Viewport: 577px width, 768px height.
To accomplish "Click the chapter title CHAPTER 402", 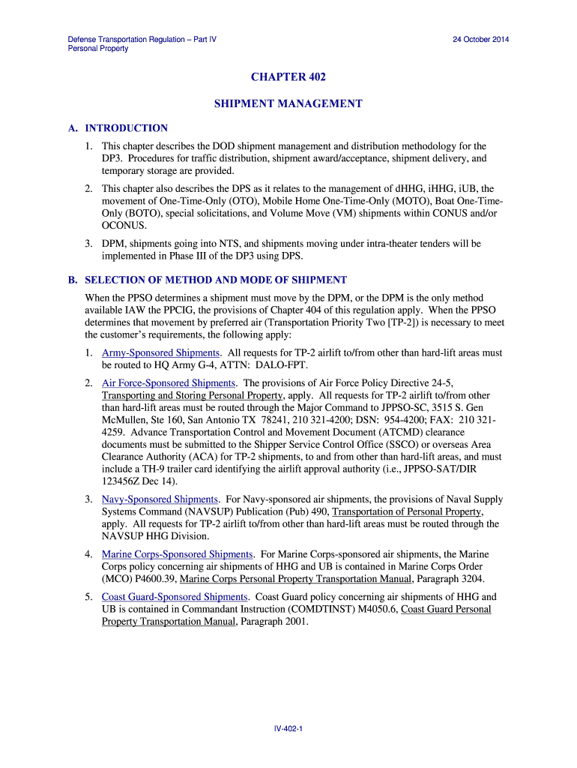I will [x=288, y=77].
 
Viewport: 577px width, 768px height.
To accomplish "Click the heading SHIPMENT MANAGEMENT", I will [x=288, y=103].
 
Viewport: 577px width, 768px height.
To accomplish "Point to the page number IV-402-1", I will [x=288, y=728].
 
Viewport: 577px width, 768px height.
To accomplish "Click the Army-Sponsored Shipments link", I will [x=160, y=352].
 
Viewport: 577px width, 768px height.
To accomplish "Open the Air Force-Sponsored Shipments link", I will [x=169, y=383].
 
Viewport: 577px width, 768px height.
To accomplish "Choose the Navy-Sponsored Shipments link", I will [x=160, y=499].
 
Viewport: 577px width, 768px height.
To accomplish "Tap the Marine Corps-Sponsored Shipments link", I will [x=178, y=554].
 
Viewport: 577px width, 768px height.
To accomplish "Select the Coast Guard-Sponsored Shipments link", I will [x=175, y=597].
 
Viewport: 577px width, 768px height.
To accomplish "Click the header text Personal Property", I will [x=98, y=49].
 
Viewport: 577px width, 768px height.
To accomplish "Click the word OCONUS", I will [x=124, y=226].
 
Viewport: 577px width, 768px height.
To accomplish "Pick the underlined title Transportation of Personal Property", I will [x=407, y=511].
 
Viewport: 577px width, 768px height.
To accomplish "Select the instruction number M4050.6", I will [x=375, y=609].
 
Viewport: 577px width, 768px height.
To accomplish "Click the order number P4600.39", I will [x=154, y=579].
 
